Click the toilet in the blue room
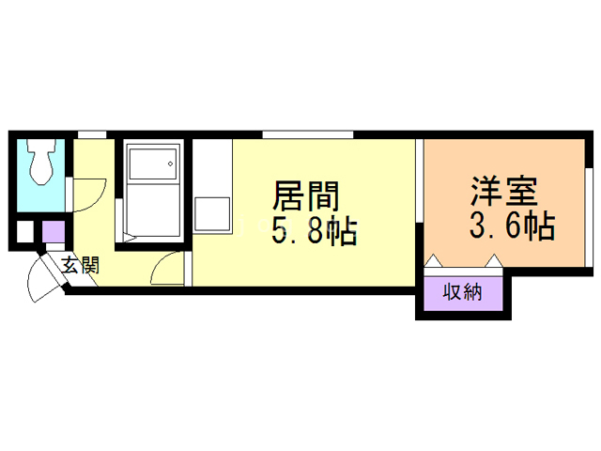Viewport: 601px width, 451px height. click(40, 163)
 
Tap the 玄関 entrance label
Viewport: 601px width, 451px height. click(81, 265)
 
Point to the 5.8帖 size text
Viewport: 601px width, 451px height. click(314, 231)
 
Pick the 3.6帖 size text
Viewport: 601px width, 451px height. click(511, 225)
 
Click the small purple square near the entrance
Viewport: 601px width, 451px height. click(54, 231)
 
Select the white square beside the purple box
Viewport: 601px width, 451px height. click(25, 232)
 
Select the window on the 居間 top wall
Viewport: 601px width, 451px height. click(307, 134)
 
